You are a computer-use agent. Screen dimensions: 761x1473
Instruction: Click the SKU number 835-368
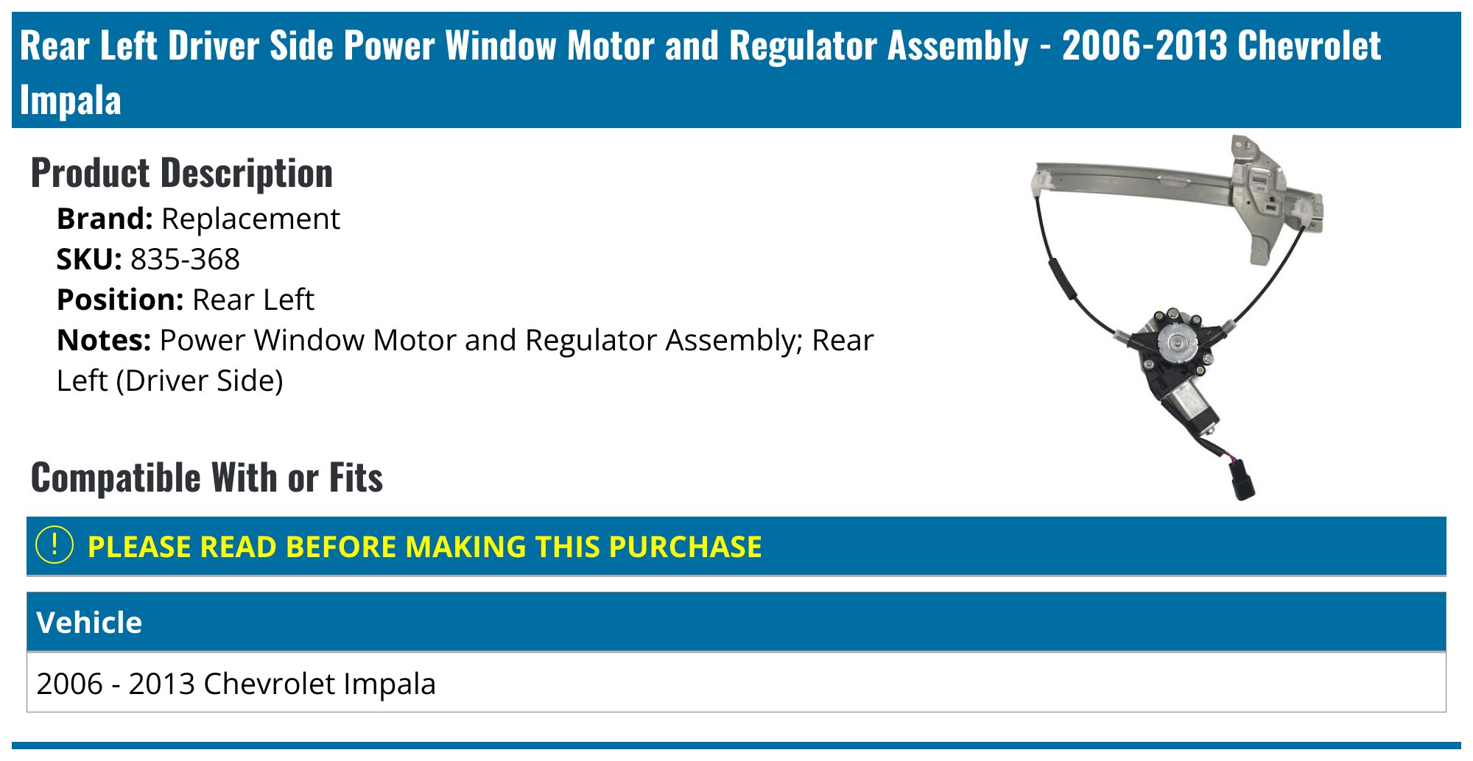pyautogui.click(x=185, y=260)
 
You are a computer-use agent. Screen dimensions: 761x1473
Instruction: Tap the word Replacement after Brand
pyautogui.click(x=250, y=219)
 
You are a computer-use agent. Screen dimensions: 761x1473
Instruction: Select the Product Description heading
pyautogui.click(x=181, y=174)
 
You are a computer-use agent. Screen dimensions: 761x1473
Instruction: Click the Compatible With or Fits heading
pyautogui.click(x=206, y=478)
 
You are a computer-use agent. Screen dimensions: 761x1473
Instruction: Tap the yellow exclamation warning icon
pyautogui.click(x=55, y=546)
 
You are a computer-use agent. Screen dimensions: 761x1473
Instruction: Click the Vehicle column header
pyautogui.click(x=89, y=623)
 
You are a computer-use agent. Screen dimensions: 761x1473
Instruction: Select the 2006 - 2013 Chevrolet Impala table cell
pyautogui.click(x=236, y=684)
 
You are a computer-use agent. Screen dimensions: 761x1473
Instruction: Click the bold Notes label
pyautogui.click(x=104, y=341)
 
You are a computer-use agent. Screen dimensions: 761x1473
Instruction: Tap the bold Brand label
pyautogui.click(x=105, y=219)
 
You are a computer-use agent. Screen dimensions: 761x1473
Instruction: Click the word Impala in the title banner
pyautogui.click(x=70, y=101)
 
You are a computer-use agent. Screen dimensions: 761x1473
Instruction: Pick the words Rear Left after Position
pyautogui.click(x=253, y=300)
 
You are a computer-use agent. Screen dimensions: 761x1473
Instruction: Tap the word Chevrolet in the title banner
pyautogui.click(x=1309, y=46)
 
